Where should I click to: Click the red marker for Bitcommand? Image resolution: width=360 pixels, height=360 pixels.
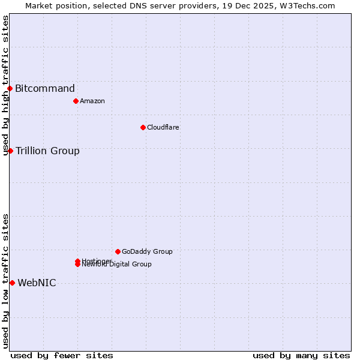point(10,89)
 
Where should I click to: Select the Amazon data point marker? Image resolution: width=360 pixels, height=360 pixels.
point(76,101)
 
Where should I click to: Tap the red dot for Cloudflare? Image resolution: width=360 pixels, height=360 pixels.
point(143,127)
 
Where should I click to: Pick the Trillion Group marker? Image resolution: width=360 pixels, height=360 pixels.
point(10,151)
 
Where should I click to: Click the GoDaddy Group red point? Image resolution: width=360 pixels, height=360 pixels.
point(118,251)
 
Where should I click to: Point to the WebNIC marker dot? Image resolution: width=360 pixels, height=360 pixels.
point(12,283)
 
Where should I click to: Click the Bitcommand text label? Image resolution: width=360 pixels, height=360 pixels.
point(45,89)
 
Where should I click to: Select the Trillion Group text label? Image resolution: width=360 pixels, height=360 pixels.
point(47,151)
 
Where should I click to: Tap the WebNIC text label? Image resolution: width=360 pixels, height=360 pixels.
point(37,283)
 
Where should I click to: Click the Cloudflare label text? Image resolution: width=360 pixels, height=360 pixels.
point(163,127)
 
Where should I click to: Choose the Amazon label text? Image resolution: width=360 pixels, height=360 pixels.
point(92,101)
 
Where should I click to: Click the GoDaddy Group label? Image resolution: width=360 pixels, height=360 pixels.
point(147,251)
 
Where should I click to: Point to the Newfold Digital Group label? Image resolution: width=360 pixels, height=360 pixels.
point(117,265)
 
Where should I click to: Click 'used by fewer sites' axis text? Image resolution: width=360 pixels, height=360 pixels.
point(62,355)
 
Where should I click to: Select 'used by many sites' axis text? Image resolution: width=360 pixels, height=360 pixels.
point(301,355)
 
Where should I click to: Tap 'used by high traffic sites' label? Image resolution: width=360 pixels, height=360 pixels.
point(5,85)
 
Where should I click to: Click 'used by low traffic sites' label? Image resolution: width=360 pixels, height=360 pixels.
point(5,281)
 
